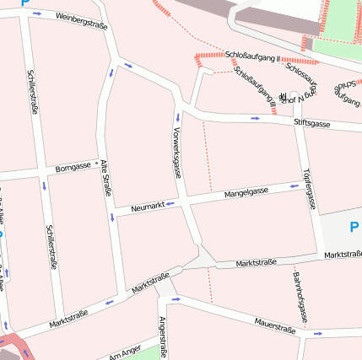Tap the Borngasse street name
point(73,167)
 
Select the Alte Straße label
point(106,178)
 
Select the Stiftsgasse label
point(311,123)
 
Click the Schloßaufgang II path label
point(253,56)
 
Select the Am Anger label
point(124,352)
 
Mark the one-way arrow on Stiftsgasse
point(255,118)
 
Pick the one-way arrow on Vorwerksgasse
point(178,116)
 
